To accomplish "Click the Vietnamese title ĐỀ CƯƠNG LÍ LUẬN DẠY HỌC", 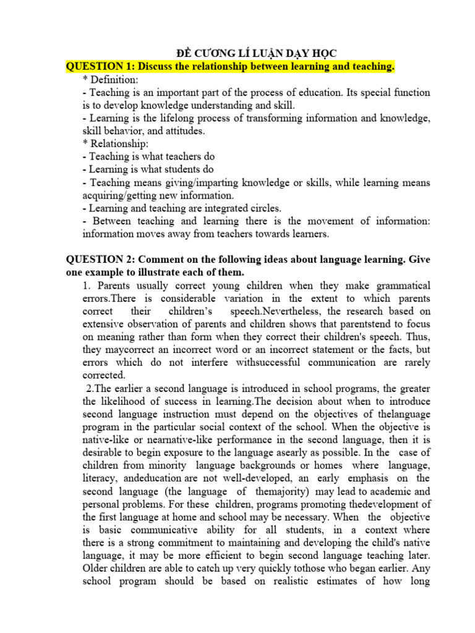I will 254,53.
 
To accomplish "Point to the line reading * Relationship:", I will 115,144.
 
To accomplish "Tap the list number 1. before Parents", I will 87,286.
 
